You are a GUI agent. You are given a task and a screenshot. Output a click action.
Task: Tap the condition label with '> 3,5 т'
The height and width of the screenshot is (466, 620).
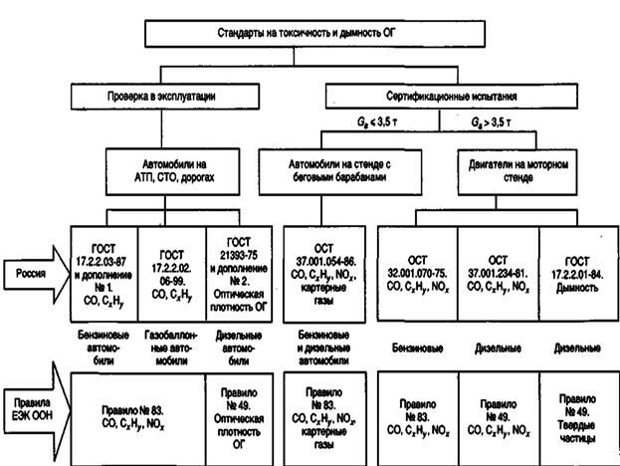[x=491, y=122]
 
